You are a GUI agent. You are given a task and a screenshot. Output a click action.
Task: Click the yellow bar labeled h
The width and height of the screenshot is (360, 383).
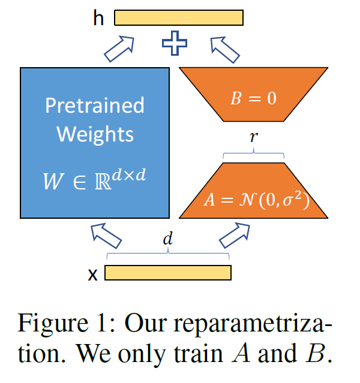[179, 18]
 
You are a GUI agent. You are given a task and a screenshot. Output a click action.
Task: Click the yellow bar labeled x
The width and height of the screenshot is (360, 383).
[168, 273]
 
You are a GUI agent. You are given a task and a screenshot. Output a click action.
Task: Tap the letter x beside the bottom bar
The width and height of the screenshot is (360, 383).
[93, 275]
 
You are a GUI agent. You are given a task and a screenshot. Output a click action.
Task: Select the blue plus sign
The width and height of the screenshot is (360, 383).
[175, 44]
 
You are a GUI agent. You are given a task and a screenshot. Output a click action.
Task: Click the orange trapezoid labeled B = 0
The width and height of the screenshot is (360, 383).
[253, 96]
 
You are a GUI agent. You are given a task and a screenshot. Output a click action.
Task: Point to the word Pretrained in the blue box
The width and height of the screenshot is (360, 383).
[95, 105]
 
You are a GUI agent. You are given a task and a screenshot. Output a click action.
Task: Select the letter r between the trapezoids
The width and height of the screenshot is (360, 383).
[253, 137]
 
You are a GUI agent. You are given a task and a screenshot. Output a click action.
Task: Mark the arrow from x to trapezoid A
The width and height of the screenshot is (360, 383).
[235, 234]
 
